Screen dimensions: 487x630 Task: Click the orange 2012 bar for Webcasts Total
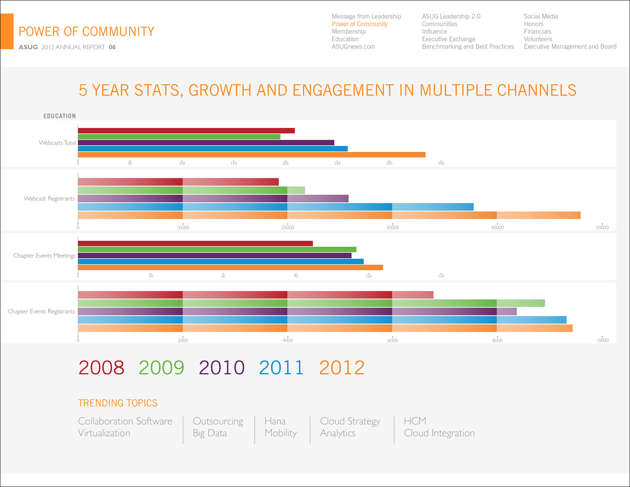tap(251, 155)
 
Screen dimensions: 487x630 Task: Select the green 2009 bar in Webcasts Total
tap(179, 137)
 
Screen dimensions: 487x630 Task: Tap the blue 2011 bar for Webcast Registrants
tap(276, 207)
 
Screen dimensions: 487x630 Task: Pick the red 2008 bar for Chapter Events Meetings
tap(195, 243)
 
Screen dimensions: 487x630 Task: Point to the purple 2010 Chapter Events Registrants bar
tap(297, 311)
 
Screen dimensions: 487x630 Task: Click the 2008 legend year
tap(101, 368)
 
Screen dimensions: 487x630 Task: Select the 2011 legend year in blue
tap(281, 368)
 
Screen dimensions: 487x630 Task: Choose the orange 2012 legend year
tap(342, 368)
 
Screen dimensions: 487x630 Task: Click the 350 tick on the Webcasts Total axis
tap(441, 163)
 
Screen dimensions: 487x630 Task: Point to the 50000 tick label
tap(602, 228)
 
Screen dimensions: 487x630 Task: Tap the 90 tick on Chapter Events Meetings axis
tap(296, 276)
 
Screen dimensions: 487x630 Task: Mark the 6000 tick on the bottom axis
tap(392, 341)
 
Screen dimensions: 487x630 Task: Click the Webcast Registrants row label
tap(49, 199)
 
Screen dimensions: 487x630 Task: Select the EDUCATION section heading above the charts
tap(59, 116)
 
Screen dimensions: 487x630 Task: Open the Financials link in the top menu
tap(537, 32)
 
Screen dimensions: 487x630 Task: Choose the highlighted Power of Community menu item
tap(359, 24)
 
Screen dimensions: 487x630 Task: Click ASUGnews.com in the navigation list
tap(353, 47)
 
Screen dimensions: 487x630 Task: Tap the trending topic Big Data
tap(210, 433)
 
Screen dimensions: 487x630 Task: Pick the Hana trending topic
tap(275, 421)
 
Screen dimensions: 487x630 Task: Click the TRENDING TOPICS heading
tap(118, 403)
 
